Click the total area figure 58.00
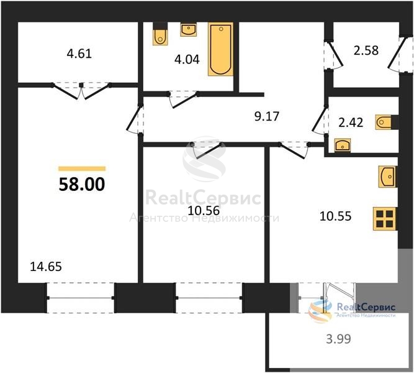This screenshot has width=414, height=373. click(82, 184)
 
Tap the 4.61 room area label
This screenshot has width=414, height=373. click(79, 53)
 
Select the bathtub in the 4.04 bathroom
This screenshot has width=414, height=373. click(221, 49)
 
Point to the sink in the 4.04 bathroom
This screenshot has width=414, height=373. click(188, 30)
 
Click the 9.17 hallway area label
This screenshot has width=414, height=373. click(267, 116)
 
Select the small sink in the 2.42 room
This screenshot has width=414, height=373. click(343, 145)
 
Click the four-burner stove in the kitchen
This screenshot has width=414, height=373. click(384, 219)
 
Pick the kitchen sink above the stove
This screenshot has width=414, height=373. click(387, 177)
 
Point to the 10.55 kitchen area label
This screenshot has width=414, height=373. click(335, 216)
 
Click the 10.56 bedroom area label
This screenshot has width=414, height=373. click(204, 211)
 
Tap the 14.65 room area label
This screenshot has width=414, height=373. click(46, 267)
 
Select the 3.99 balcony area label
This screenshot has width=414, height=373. click(338, 339)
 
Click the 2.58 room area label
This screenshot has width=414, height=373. click(366, 50)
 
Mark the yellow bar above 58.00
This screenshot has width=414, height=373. click(82, 168)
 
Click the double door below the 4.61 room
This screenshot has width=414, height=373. click(81, 91)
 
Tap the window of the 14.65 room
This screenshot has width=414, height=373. click(81, 298)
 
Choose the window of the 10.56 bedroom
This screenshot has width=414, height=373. click(209, 298)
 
